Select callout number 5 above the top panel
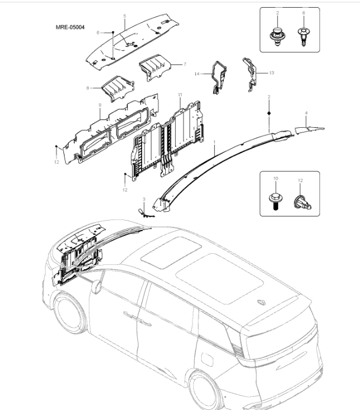[x=124, y=16]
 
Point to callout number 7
[x=185, y=64]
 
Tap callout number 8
[x=88, y=88]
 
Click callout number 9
[x=99, y=105]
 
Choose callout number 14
[x=196, y=74]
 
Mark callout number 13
[x=272, y=73]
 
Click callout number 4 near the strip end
[x=306, y=112]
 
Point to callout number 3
[x=143, y=200]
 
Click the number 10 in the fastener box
[x=275, y=178]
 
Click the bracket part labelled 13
[x=251, y=71]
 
